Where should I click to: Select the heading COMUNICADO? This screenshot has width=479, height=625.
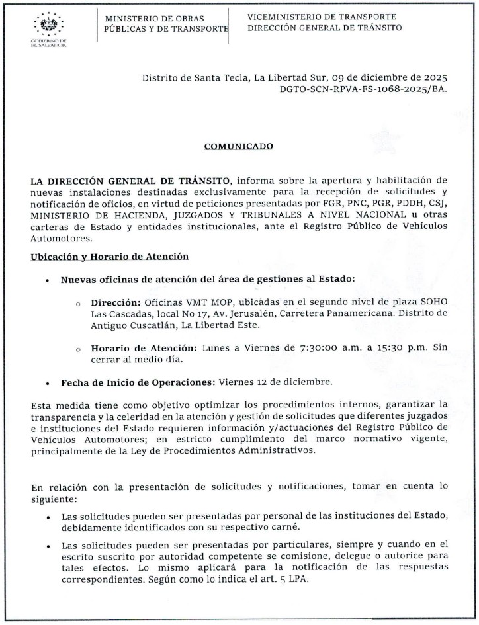239,146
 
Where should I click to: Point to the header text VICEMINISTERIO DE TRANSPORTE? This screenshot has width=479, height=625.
322,17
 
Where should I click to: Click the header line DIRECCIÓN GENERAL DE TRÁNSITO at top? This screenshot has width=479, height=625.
324,28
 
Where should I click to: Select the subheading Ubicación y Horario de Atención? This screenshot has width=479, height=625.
110,256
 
